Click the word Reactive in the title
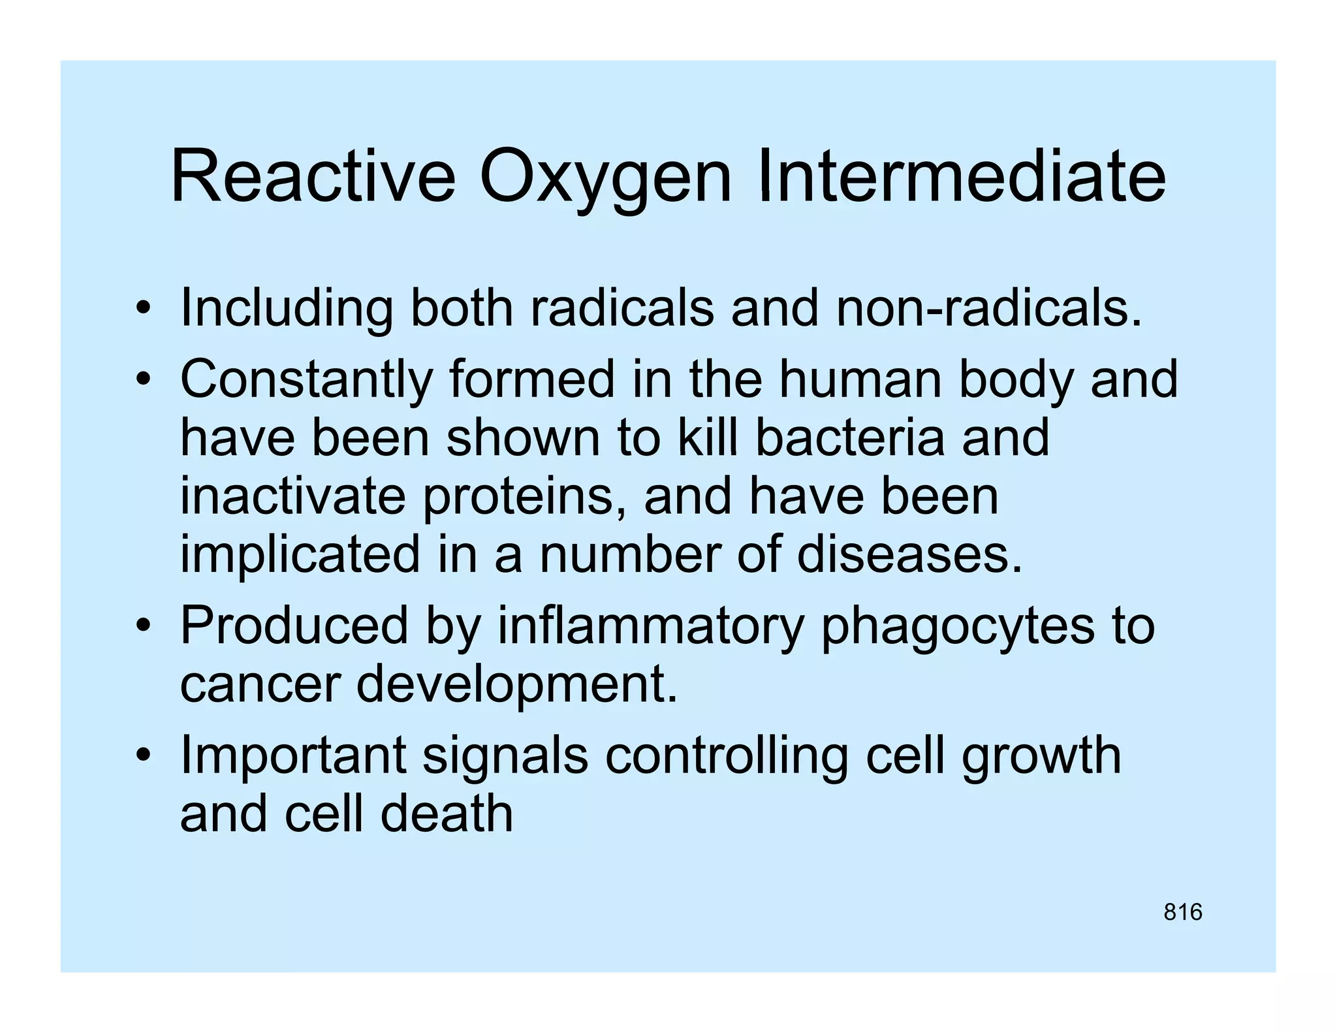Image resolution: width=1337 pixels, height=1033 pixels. (313, 177)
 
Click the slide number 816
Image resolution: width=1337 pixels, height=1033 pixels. (1182, 912)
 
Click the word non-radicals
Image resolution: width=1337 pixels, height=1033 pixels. (989, 308)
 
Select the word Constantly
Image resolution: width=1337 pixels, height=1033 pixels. (306, 381)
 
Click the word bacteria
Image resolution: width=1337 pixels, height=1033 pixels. (849, 437)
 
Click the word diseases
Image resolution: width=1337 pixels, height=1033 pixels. (909, 555)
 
